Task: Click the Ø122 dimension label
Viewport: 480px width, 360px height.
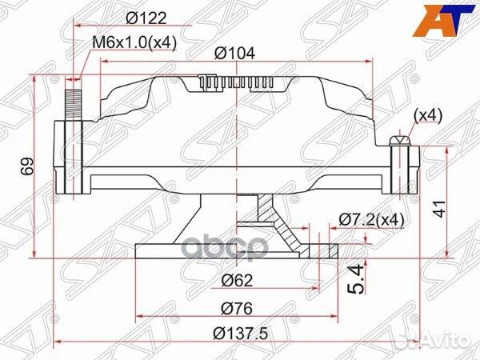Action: (x=144, y=17)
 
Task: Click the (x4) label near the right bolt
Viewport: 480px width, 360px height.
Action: (x=427, y=115)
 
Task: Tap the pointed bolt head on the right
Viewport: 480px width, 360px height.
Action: (x=398, y=142)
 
